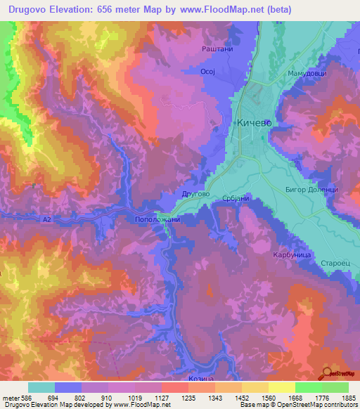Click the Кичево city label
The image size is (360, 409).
tap(254, 122)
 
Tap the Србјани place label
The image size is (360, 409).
tap(236, 199)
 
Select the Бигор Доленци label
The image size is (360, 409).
tap(311, 190)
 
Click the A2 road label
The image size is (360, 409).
tap(47, 220)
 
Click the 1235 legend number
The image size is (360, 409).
tap(188, 398)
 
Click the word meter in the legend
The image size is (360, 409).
tap(11, 398)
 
